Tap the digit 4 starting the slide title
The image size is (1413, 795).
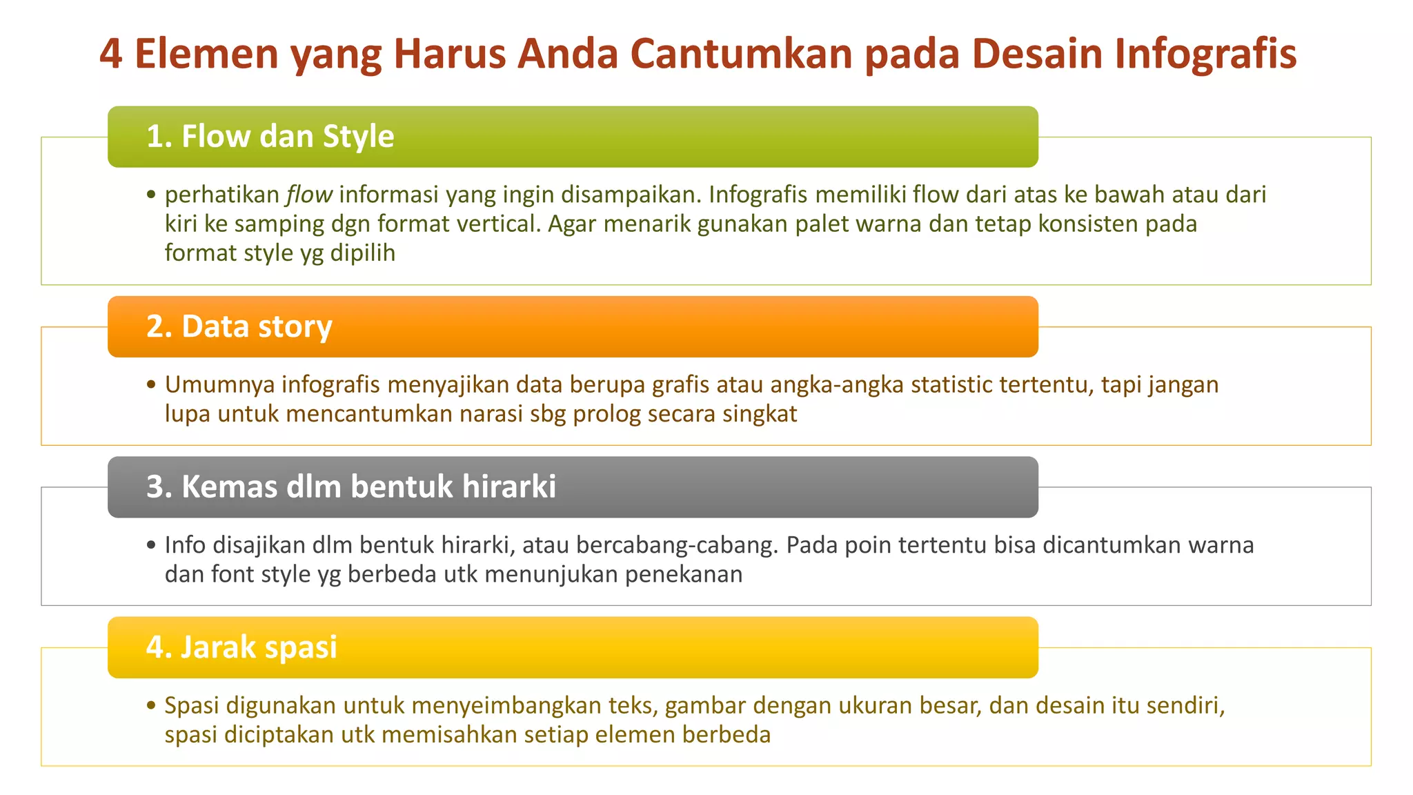coord(111,54)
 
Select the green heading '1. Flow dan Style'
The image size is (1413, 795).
coord(270,137)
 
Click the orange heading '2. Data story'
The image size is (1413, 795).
coord(239,326)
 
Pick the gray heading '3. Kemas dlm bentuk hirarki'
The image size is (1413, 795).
coord(350,487)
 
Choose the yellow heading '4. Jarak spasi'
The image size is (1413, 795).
coord(241,647)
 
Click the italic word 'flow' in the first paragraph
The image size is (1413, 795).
coord(309,195)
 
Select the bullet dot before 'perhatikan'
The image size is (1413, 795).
coord(151,195)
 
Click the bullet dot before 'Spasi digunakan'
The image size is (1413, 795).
coord(151,706)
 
